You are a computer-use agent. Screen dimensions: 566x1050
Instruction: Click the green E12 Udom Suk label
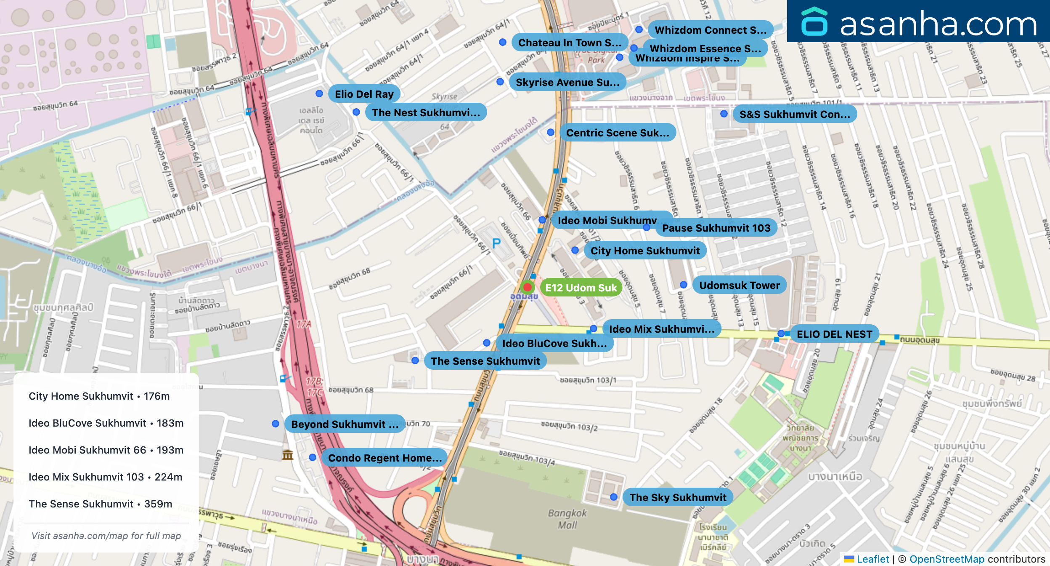(581, 288)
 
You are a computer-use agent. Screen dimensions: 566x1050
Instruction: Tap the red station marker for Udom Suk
(527, 287)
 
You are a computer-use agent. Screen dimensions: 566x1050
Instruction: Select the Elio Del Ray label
(364, 94)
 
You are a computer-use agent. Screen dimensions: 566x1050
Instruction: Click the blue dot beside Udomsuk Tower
(684, 285)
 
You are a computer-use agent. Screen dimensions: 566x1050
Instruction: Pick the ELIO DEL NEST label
(834, 334)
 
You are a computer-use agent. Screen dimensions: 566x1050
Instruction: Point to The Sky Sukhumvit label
(677, 497)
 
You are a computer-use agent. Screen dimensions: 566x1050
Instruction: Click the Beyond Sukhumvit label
(344, 424)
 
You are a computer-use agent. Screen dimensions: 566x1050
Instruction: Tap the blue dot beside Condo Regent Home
(312, 457)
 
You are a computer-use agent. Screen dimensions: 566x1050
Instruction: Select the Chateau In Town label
(569, 43)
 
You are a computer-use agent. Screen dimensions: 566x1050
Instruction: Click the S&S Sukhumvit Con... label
(794, 114)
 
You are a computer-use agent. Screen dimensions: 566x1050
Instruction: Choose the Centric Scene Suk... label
(617, 133)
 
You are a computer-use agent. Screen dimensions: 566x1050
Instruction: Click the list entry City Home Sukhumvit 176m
(99, 396)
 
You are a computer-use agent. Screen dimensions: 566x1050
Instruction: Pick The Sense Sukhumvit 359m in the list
(101, 504)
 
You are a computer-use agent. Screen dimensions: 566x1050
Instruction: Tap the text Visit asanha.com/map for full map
(106, 536)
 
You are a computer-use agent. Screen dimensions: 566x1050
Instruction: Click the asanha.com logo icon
(814, 22)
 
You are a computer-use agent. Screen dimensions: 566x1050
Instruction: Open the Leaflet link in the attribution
(872, 559)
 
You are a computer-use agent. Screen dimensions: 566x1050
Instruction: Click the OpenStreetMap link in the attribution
(947, 559)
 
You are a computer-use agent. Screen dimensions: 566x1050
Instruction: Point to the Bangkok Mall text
(567, 519)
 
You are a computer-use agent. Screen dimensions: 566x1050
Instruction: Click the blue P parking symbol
(496, 243)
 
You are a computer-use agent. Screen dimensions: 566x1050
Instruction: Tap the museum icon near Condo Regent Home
(288, 455)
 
